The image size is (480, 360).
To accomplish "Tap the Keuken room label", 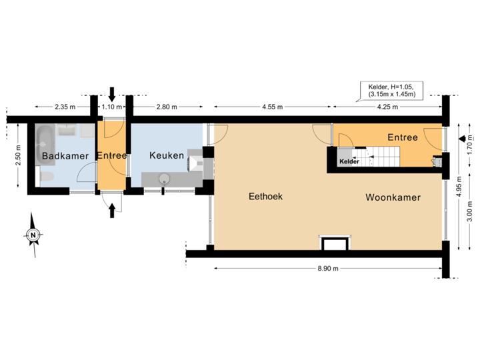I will (x=167, y=155).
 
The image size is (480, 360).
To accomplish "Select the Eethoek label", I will (x=267, y=197).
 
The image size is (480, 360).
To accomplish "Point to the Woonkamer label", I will (x=393, y=197).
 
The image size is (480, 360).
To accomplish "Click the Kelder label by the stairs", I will (x=349, y=161).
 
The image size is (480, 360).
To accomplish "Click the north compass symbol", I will (x=32, y=234).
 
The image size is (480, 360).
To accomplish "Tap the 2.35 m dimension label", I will (x=65, y=107).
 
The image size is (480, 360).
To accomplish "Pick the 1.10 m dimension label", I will (x=111, y=107).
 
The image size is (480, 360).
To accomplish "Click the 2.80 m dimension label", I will (x=166, y=107).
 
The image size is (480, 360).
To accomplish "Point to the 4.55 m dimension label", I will (x=273, y=107).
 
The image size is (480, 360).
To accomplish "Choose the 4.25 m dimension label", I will (x=387, y=107).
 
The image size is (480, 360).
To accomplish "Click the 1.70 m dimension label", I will (x=470, y=147).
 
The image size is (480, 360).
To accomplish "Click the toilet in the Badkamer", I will (x=47, y=176).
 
